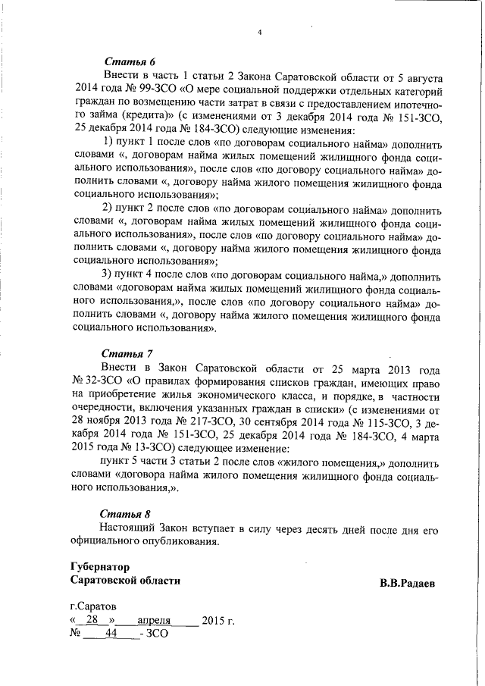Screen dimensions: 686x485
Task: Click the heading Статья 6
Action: [x=128, y=61]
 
